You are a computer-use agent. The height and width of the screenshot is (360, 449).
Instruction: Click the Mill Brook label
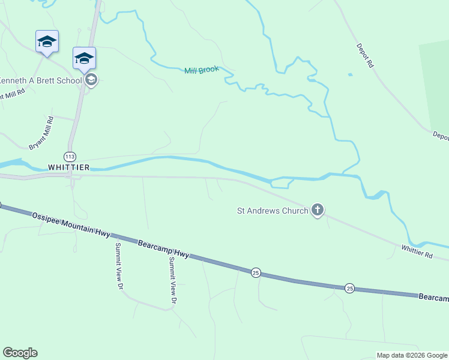click(201, 71)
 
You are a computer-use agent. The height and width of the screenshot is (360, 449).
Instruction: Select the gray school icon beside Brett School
click(91, 80)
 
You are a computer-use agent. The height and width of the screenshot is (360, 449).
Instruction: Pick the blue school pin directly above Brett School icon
click(84, 58)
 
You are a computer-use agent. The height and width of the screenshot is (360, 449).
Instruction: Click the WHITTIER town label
click(68, 167)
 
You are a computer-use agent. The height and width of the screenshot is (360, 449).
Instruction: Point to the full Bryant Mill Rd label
click(41, 133)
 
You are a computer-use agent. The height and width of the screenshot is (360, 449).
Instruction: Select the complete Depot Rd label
click(364, 55)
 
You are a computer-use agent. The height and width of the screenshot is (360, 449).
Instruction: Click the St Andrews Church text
click(273, 211)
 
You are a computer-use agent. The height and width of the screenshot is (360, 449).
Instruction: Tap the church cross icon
click(318, 210)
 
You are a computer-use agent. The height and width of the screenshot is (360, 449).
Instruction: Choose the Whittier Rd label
click(417, 251)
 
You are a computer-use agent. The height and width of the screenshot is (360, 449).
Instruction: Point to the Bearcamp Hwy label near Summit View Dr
click(163, 250)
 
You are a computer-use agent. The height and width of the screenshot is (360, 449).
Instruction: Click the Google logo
click(20, 353)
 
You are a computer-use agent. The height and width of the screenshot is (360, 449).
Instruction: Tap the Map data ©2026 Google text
click(412, 355)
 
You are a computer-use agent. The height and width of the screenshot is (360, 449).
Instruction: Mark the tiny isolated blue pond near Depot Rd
click(350, 75)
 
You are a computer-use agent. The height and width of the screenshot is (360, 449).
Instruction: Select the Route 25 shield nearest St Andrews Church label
click(256, 272)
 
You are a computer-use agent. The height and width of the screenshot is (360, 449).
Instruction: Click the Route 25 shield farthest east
click(349, 289)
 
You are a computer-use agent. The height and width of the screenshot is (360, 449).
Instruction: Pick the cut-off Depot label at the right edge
click(441, 136)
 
